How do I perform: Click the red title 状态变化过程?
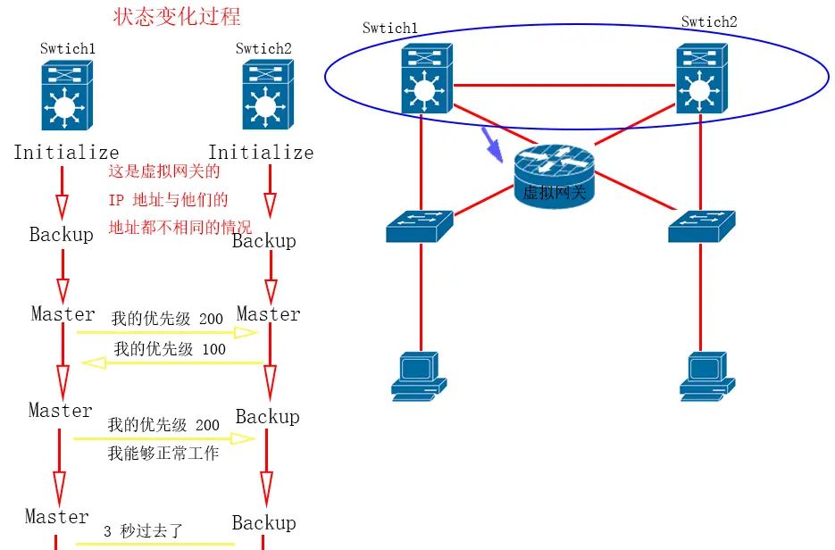(177, 17)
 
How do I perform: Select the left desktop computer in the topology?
(418, 375)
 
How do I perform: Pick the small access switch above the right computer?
(702, 226)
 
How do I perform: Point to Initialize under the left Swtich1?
(66, 153)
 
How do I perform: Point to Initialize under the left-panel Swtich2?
(261, 153)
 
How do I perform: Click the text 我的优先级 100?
(170, 349)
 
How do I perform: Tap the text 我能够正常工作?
(163, 454)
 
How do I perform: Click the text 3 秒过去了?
(143, 530)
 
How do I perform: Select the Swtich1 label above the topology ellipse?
(389, 28)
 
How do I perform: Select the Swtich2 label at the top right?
(709, 21)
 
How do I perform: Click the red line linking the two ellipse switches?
(564, 85)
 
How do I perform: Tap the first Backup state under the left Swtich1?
(61, 235)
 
